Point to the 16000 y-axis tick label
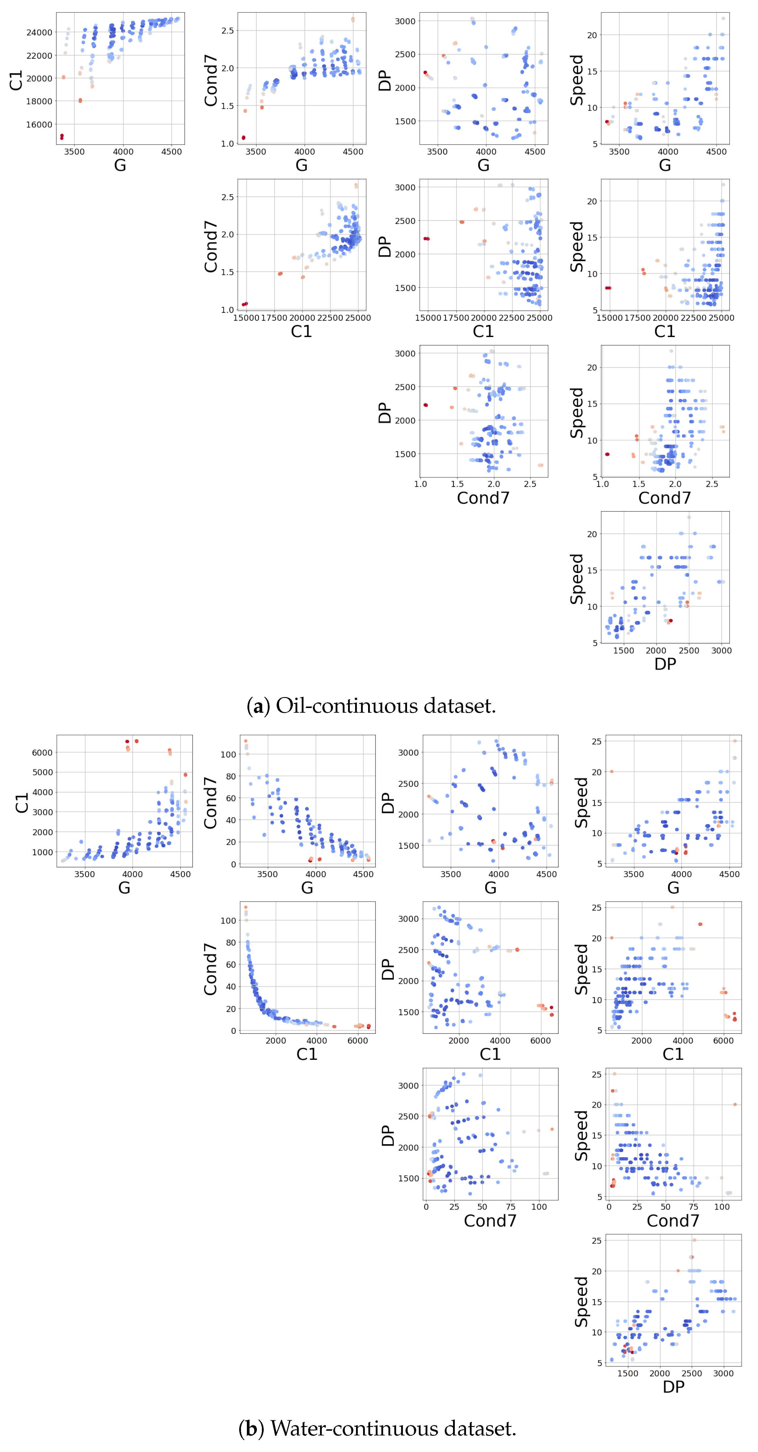39,125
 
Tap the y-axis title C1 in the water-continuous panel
22,803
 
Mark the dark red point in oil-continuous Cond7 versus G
243,138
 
